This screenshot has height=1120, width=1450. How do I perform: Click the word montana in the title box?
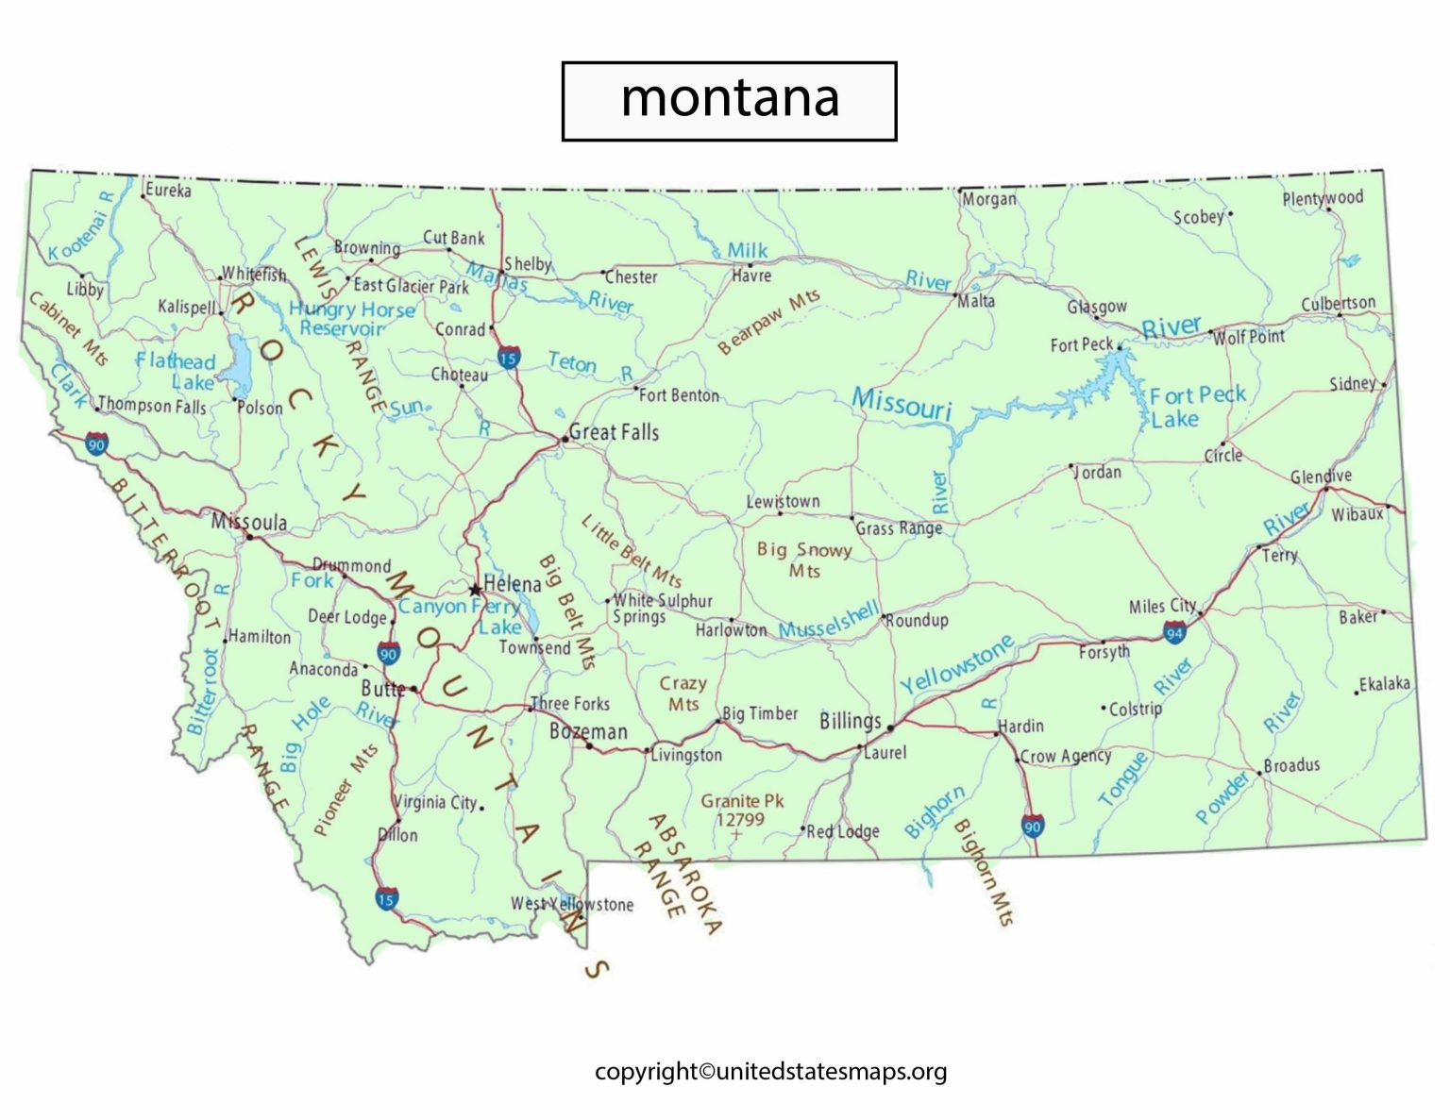729,98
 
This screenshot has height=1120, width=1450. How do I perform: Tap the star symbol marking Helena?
475,590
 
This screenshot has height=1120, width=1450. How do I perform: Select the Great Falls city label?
614,432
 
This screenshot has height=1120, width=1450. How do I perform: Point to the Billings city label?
850,722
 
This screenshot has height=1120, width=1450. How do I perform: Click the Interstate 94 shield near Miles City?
1174,632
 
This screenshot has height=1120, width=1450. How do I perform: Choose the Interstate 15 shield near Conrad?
508,357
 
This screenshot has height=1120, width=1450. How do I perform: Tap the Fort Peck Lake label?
1196,407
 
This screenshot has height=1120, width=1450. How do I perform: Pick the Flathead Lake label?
177,371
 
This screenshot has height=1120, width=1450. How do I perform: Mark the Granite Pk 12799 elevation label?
742,810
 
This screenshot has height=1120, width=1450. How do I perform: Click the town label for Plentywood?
1323,197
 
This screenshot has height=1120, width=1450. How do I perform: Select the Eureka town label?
168,190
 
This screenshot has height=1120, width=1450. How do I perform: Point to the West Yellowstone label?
572,904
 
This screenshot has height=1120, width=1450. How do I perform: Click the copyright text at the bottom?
770,1071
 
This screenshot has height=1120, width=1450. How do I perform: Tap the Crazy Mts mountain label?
683,694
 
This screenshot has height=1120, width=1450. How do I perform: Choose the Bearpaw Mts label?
768,323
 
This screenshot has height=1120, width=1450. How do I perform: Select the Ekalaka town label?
1384,683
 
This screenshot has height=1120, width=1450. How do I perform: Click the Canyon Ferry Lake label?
459,616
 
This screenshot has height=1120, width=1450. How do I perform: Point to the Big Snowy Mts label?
804,560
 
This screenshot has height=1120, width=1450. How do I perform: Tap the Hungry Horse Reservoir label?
351,319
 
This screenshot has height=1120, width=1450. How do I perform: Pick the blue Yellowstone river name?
956,664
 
